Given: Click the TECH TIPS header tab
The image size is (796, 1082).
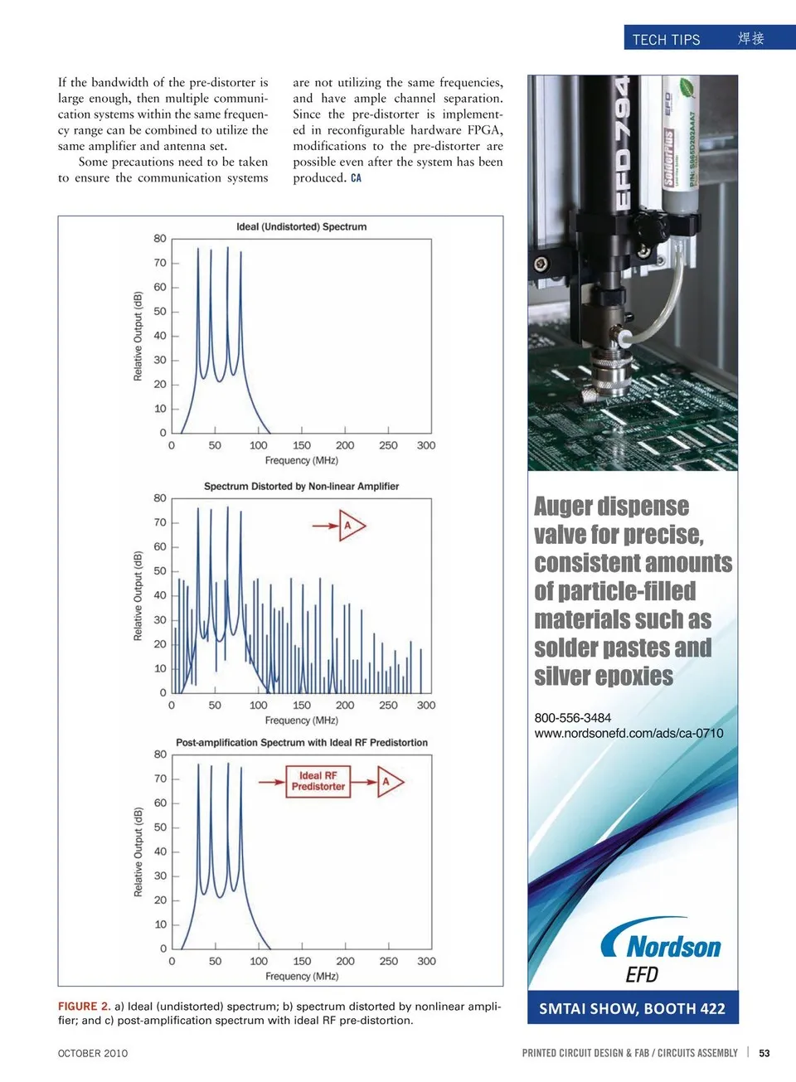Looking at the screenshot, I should (666, 39).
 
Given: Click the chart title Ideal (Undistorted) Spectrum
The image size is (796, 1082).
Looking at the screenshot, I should (301, 226).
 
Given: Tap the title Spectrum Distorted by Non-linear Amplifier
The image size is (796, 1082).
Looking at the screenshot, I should (301, 487).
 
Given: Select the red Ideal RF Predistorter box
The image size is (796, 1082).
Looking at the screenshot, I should (318, 781).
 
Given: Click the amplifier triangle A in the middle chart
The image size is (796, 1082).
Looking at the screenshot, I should (350, 526).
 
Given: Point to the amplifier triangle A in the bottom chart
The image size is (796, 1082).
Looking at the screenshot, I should (387, 781).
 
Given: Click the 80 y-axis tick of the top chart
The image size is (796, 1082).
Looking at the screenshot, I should (160, 239).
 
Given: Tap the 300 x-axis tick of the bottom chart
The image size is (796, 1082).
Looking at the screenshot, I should (426, 961).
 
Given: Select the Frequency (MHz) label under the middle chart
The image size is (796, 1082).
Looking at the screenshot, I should (301, 721).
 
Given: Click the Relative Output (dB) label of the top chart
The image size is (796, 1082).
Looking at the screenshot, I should (138, 336).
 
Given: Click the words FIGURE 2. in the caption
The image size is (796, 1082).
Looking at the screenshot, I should (84, 1007).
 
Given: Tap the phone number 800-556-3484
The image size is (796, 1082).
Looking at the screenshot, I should (573, 718).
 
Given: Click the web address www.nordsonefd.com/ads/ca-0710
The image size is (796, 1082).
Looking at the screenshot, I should (629, 733).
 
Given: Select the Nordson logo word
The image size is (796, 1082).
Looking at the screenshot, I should (673, 947).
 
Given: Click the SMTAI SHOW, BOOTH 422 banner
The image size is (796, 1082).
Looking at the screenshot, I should (632, 1009).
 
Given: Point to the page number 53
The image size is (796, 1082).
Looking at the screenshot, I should (764, 1053).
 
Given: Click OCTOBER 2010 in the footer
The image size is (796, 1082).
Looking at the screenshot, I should (93, 1053).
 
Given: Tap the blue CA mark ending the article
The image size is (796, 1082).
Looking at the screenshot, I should (356, 178).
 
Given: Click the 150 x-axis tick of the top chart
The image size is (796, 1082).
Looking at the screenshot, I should (302, 445).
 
